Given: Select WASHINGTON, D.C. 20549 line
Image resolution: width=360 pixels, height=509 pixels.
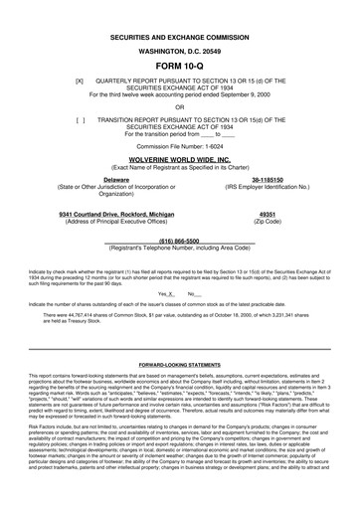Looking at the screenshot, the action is click(x=179, y=36).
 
